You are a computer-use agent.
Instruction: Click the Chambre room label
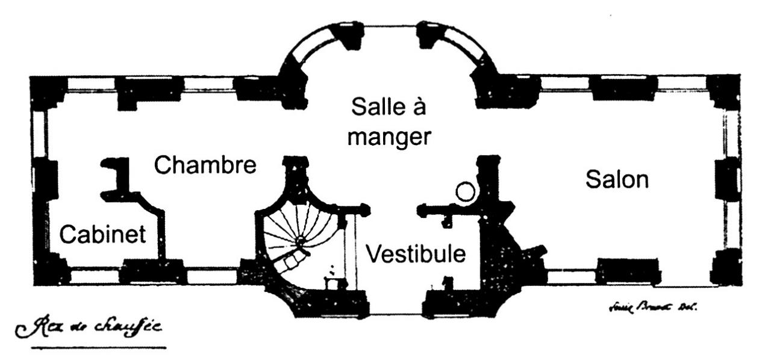tap(205, 164)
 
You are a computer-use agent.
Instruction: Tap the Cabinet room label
tap(103, 234)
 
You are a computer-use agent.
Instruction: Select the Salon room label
tap(617, 179)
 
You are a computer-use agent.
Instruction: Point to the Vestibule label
tap(416, 253)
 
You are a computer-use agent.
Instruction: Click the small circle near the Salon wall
tap(465, 192)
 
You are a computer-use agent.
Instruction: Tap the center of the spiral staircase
tap(299, 241)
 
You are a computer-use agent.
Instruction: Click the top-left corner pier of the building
tap(48, 92)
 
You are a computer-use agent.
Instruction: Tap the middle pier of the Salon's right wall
tap(728, 179)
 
